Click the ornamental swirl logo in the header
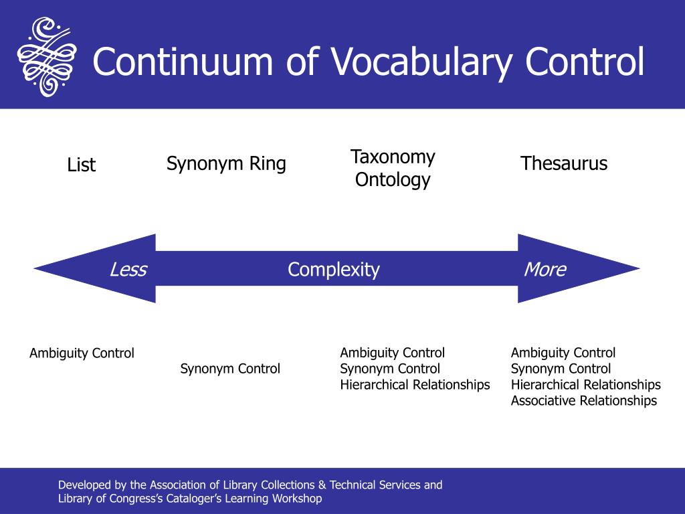click(47, 56)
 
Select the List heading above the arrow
click(81, 165)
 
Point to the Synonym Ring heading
click(226, 164)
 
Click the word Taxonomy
click(393, 157)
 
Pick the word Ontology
click(393, 180)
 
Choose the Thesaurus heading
click(564, 163)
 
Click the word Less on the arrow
click(128, 269)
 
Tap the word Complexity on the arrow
click(334, 270)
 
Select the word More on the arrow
click(545, 269)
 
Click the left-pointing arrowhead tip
click(34, 268)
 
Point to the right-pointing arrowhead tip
click(640, 268)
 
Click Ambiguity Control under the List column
click(82, 353)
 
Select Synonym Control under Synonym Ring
click(230, 369)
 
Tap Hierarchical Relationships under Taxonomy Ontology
click(415, 385)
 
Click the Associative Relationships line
click(583, 401)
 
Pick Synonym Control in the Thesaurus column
click(561, 369)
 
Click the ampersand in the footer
click(322, 485)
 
